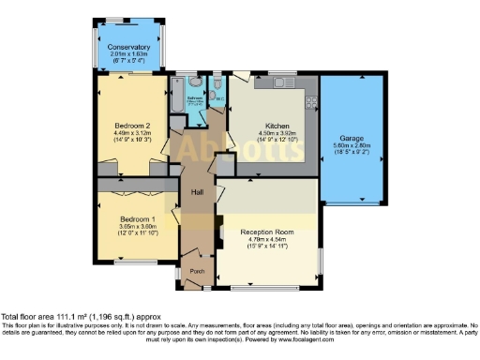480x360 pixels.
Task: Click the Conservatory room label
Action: tap(128, 47)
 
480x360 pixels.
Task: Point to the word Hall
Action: tap(197, 192)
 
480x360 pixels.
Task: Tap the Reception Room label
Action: tap(267, 231)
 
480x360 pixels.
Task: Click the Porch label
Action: tap(197, 272)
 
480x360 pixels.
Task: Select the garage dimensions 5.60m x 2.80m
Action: tap(352, 132)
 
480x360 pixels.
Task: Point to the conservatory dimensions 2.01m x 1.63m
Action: tap(128, 54)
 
